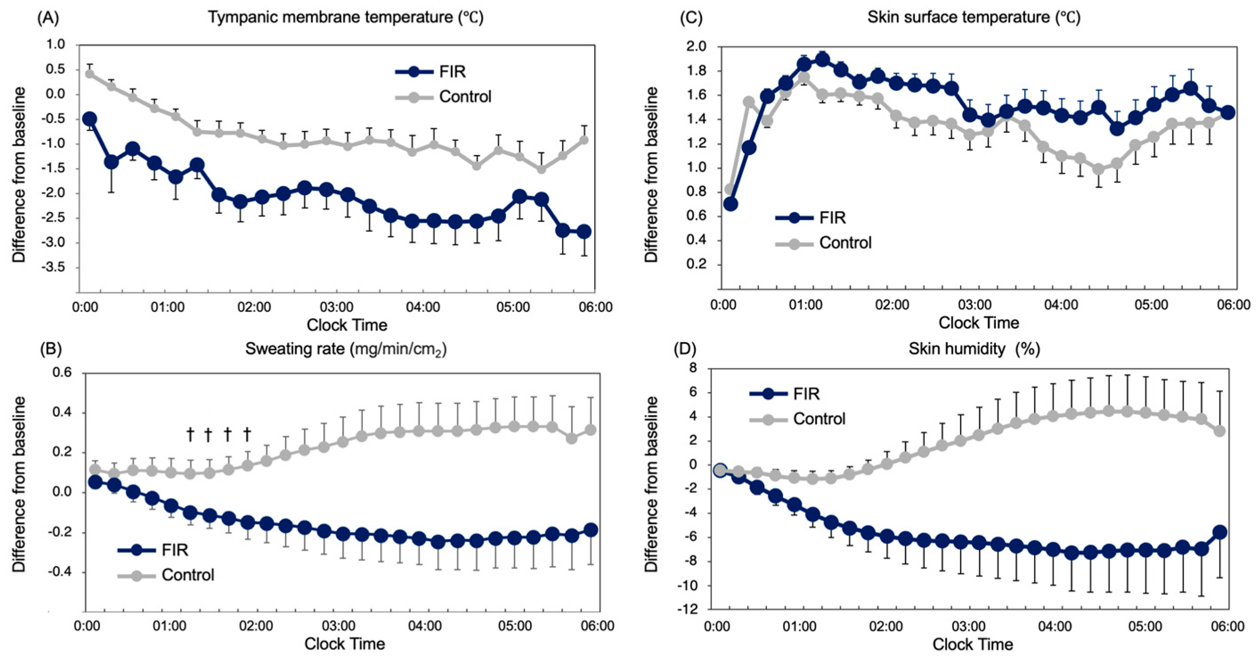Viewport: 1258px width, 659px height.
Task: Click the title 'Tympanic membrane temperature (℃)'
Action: point(345,17)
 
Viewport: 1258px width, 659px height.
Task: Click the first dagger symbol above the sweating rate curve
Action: point(190,434)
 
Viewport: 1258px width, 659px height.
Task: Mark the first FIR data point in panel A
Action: point(89,119)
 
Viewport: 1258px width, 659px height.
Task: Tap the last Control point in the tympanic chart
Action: point(584,140)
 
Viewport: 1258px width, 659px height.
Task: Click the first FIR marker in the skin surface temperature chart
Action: point(730,204)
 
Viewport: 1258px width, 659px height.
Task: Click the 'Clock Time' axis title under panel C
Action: point(978,323)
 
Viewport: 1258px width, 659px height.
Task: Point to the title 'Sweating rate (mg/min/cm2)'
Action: point(345,349)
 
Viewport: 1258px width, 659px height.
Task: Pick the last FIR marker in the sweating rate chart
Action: point(591,529)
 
